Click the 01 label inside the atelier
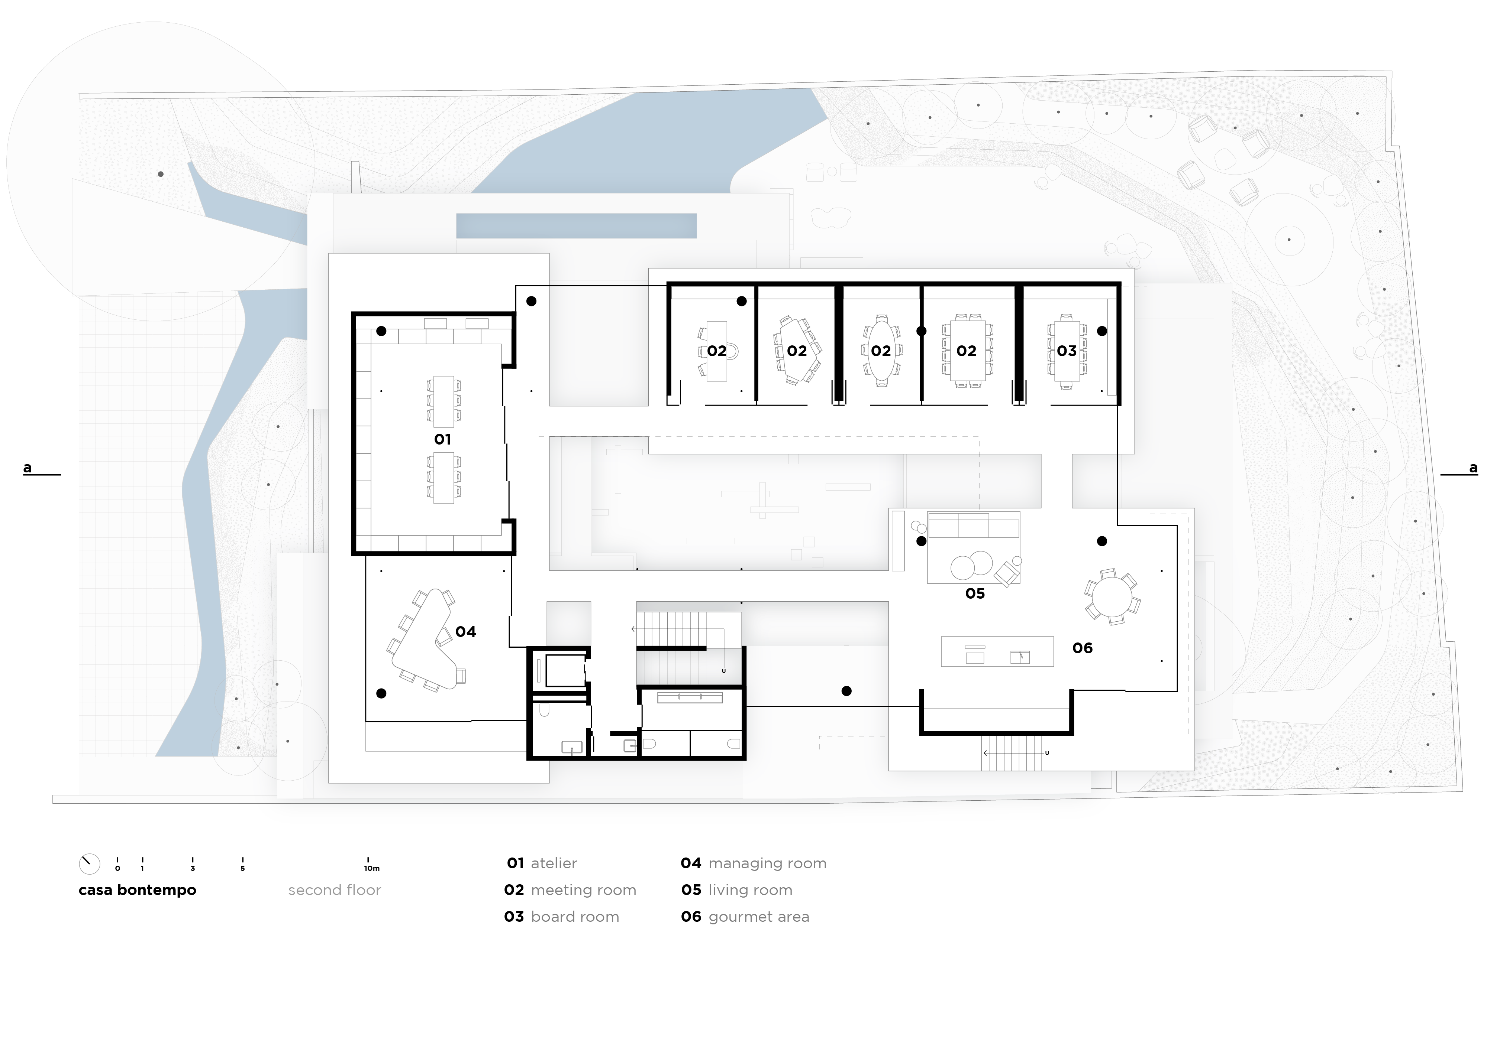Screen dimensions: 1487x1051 442,439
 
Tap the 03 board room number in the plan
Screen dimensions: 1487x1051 1067,351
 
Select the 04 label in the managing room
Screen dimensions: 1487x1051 466,632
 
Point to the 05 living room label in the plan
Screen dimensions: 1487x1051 975,593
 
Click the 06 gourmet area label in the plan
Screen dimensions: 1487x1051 1082,648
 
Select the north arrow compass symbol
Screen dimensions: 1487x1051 89,863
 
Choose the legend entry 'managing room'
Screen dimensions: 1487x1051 767,863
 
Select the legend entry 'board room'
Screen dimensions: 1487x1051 575,917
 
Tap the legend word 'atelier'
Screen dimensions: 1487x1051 554,863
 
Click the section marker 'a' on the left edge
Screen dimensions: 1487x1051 27,467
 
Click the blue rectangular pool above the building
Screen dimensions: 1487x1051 577,226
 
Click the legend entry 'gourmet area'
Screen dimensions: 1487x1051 759,917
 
